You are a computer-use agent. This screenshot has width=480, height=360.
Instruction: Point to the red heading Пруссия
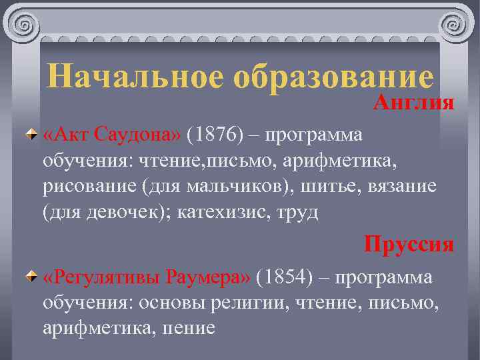pos(409,244)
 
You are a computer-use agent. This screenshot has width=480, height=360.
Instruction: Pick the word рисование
pos(89,186)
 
